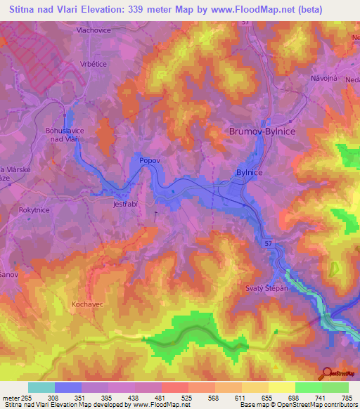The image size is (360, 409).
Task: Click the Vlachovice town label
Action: [x=95, y=31]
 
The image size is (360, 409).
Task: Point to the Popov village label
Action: [x=150, y=161]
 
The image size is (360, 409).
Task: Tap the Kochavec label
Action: [x=88, y=304]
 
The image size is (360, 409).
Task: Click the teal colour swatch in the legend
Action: [x=41, y=387]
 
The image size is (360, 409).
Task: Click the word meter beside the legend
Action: [x=11, y=398]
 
